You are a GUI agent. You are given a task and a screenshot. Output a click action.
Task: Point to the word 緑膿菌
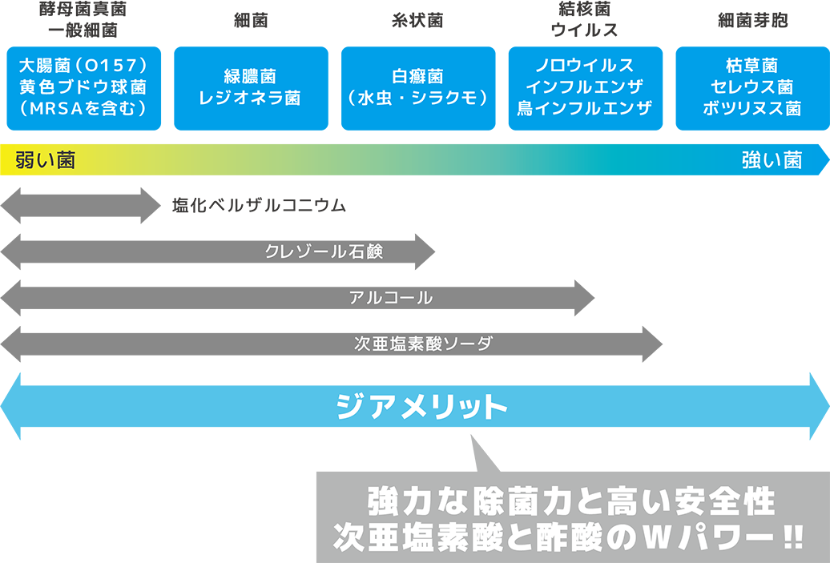pyautogui.click(x=249, y=76)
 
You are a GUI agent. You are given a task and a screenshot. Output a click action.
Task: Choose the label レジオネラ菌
pyautogui.click(x=249, y=98)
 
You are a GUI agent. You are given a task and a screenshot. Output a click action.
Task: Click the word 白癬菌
pyautogui.click(x=417, y=76)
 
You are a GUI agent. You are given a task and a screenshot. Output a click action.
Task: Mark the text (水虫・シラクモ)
pyautogui.click(x=417, y=98)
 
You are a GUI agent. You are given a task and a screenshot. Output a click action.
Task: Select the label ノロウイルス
pyautogui.click(x=584, y=65)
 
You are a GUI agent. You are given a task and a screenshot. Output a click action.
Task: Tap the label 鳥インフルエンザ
pyautogui.click(x=584, y=108)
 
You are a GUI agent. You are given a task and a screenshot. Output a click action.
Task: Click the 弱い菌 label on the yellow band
pyautogui.click(x=45, y=161)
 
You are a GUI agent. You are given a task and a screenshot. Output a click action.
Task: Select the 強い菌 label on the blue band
pyautogui.click(x=772, y=161)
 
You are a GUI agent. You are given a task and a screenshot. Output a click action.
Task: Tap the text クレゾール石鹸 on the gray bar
pyautogui.click(x=324, y=251)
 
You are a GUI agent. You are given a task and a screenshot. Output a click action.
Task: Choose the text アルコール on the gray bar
pyautogui.click(x=391, y=298)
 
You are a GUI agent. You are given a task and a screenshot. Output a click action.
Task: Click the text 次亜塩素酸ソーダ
pyautogui.click(x=423, y=344)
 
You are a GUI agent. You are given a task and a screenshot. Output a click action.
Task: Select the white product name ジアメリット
pyautogui.click(x=421, y=408)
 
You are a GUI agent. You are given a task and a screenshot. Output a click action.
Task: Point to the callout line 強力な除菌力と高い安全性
pyautogui.click(x=571, y=503)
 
